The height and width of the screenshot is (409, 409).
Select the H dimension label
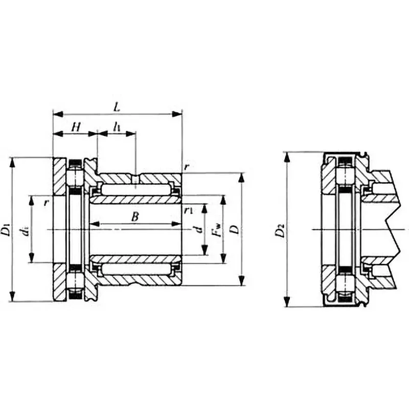(75, 126)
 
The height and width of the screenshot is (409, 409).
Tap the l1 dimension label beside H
(118, 127)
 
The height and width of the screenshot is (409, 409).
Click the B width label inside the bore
(134, 217)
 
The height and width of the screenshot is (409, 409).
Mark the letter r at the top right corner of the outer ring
(187, 168)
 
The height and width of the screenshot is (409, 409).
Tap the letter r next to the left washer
(46, 202)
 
